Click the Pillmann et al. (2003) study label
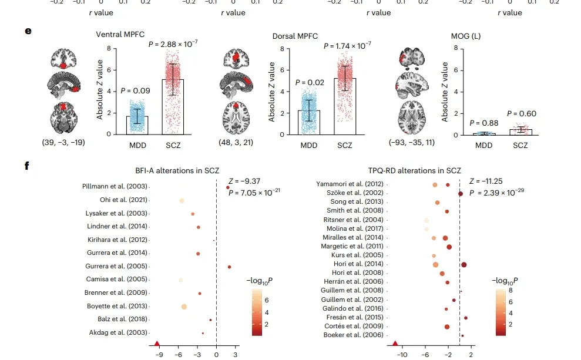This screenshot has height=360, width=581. point(115,187)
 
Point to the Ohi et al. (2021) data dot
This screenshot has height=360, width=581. point(182,201)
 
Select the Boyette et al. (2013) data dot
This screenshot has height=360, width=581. point(184,307)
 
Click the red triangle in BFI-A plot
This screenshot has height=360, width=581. point(157,344)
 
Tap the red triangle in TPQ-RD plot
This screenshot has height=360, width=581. point(395,344)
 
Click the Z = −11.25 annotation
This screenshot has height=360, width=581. point(486,181)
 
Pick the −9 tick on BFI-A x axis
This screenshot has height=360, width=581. point(160,355)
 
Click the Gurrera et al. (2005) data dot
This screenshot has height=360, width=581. point(229,267)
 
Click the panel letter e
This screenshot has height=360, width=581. point(28,29)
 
